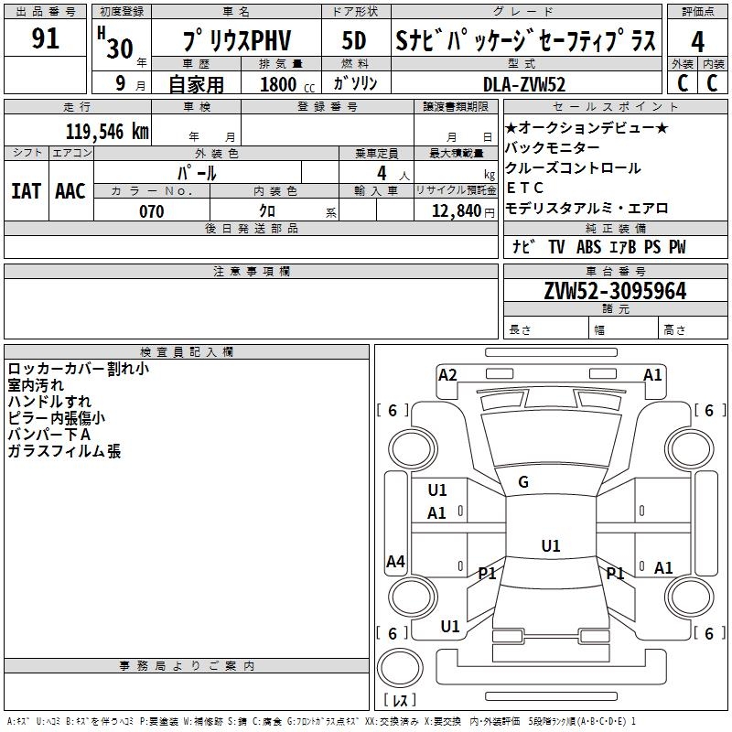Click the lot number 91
coord(45,38)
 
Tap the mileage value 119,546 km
coord(107,132)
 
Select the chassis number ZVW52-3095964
coord(615,291)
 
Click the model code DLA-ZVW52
coord(524,84)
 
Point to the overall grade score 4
coord(697,41)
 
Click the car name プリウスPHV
coord(237,40)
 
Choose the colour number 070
coord(152,211)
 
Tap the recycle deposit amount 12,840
coord(457,211)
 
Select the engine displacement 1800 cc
coord(287,84)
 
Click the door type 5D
coord(354,40)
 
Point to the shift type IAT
coord(26,191)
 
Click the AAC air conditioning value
coord(70,191)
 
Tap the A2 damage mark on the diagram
coord(447,375)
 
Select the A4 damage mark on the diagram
coord(395,561)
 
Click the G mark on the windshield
coord(523,482)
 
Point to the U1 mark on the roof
coord(551,545)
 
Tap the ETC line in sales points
coord(524,188)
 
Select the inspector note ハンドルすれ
coord(49,402)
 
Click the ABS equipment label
coord(588,247)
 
